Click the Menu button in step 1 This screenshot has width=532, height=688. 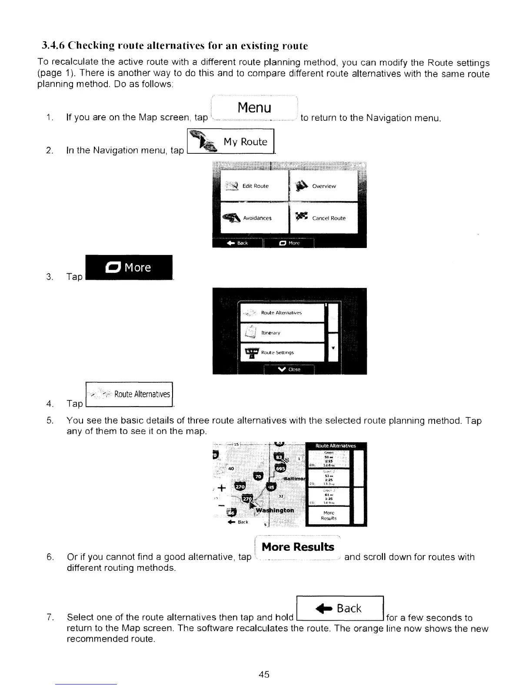point(254,108)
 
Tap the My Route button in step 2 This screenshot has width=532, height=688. point(231,142)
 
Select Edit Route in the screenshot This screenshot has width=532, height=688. point(255,186)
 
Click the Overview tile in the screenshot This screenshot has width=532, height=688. point(323,186)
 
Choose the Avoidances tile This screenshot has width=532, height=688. point(255,218)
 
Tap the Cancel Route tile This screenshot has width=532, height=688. point(323,218)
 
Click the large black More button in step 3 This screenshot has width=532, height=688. point(130,268)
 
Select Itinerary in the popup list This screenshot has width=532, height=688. point(282,333)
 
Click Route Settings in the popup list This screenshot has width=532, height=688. point(282,352)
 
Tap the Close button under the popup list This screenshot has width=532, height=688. point(289,369)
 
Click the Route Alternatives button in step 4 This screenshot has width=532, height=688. point(130,394)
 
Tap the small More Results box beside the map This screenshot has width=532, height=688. point(328,516)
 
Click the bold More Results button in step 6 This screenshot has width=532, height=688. point(298,547)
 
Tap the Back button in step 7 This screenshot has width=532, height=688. point(339,609)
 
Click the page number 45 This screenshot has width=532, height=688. point(264,675)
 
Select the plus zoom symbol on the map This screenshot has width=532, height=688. point(222,487)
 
